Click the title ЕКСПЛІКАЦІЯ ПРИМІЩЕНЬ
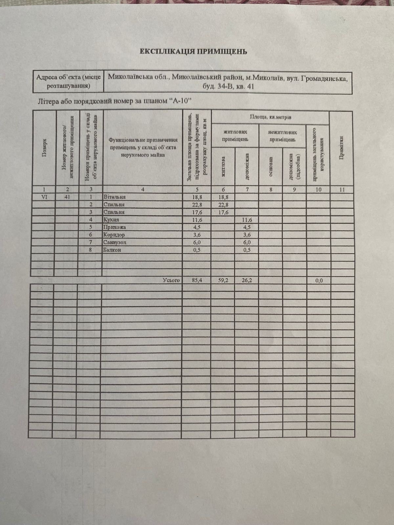click(x=193, y=52)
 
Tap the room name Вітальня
click(x=115, y=197)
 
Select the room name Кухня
click(x=111, y=220)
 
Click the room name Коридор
click(x=114, y=235)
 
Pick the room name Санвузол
click(x=115, y=242)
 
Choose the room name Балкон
click(x=112, y=250)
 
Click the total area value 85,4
click(x=197, y=281)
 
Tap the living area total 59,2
click(x=223, y=281)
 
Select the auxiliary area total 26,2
click(x=247, y=281)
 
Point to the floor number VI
click(x=45, y=197)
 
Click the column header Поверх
click(x=44, y=148)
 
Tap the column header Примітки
click(x=341, y=148)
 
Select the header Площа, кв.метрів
click(x=271, y=117)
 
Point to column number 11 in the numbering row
click(x=342, y=190)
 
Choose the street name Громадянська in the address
click(x=324, y=79)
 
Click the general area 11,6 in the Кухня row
click(x=197, y=220)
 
